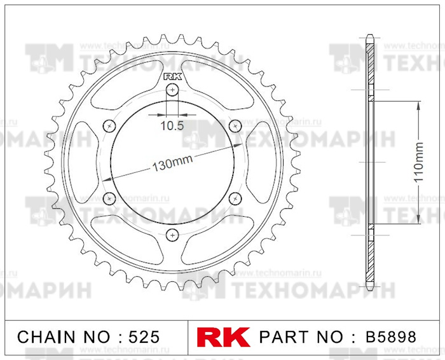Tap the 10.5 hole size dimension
(x=171, y=125)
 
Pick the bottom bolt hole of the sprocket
(x=172, y=235)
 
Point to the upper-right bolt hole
(x=235, y=125)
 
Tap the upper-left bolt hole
(x=109, y=125)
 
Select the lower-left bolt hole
(x=109, y=199)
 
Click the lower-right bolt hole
(x=235, y=199)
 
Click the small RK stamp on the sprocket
(x=172, y=76)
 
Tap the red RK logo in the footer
(x=223, y=336)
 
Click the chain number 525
(x=140, y=336)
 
